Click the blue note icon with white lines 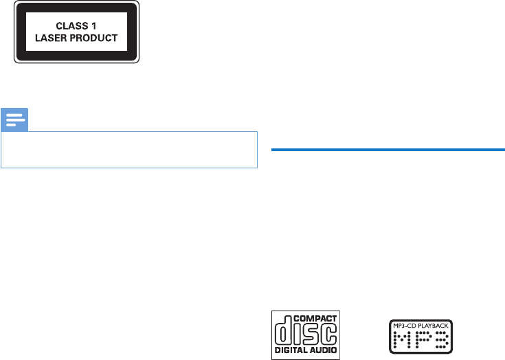pyautogui.click(x=15, y=120)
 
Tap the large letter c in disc pyautogui.click(x=328, y=333)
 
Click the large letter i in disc pyautogui.click(x=297, y=333)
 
